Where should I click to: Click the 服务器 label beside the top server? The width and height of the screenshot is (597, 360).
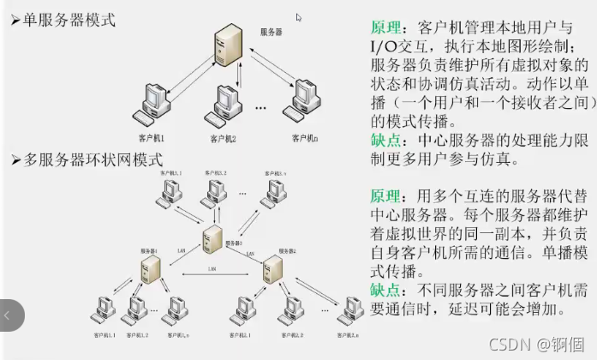272,32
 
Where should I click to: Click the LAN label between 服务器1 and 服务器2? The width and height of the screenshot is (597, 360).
212,270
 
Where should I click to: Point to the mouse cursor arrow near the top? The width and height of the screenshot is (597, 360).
299,17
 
